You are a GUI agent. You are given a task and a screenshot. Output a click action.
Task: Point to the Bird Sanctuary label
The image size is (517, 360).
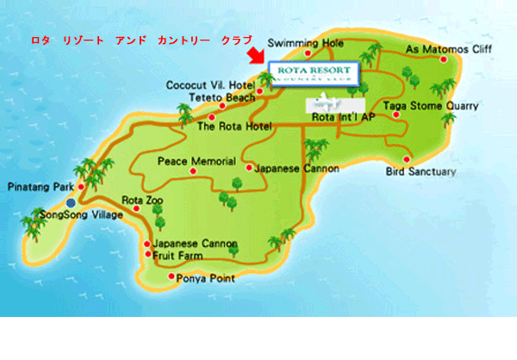[422, 172]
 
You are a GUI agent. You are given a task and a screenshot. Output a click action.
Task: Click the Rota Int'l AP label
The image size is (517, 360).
[343, 117]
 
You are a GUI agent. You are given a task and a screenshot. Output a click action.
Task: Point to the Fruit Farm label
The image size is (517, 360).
[182, 255]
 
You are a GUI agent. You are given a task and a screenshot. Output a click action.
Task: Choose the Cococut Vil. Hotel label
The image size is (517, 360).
[211, 86]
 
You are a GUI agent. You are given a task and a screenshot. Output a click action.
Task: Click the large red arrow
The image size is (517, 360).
[255, 56]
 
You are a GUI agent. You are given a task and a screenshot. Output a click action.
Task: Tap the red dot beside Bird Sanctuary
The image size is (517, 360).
[407, 158]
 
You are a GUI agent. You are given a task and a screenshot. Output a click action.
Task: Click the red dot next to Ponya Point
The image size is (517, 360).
[170, 277]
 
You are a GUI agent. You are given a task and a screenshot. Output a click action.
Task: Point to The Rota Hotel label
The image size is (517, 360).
[234, 127]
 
